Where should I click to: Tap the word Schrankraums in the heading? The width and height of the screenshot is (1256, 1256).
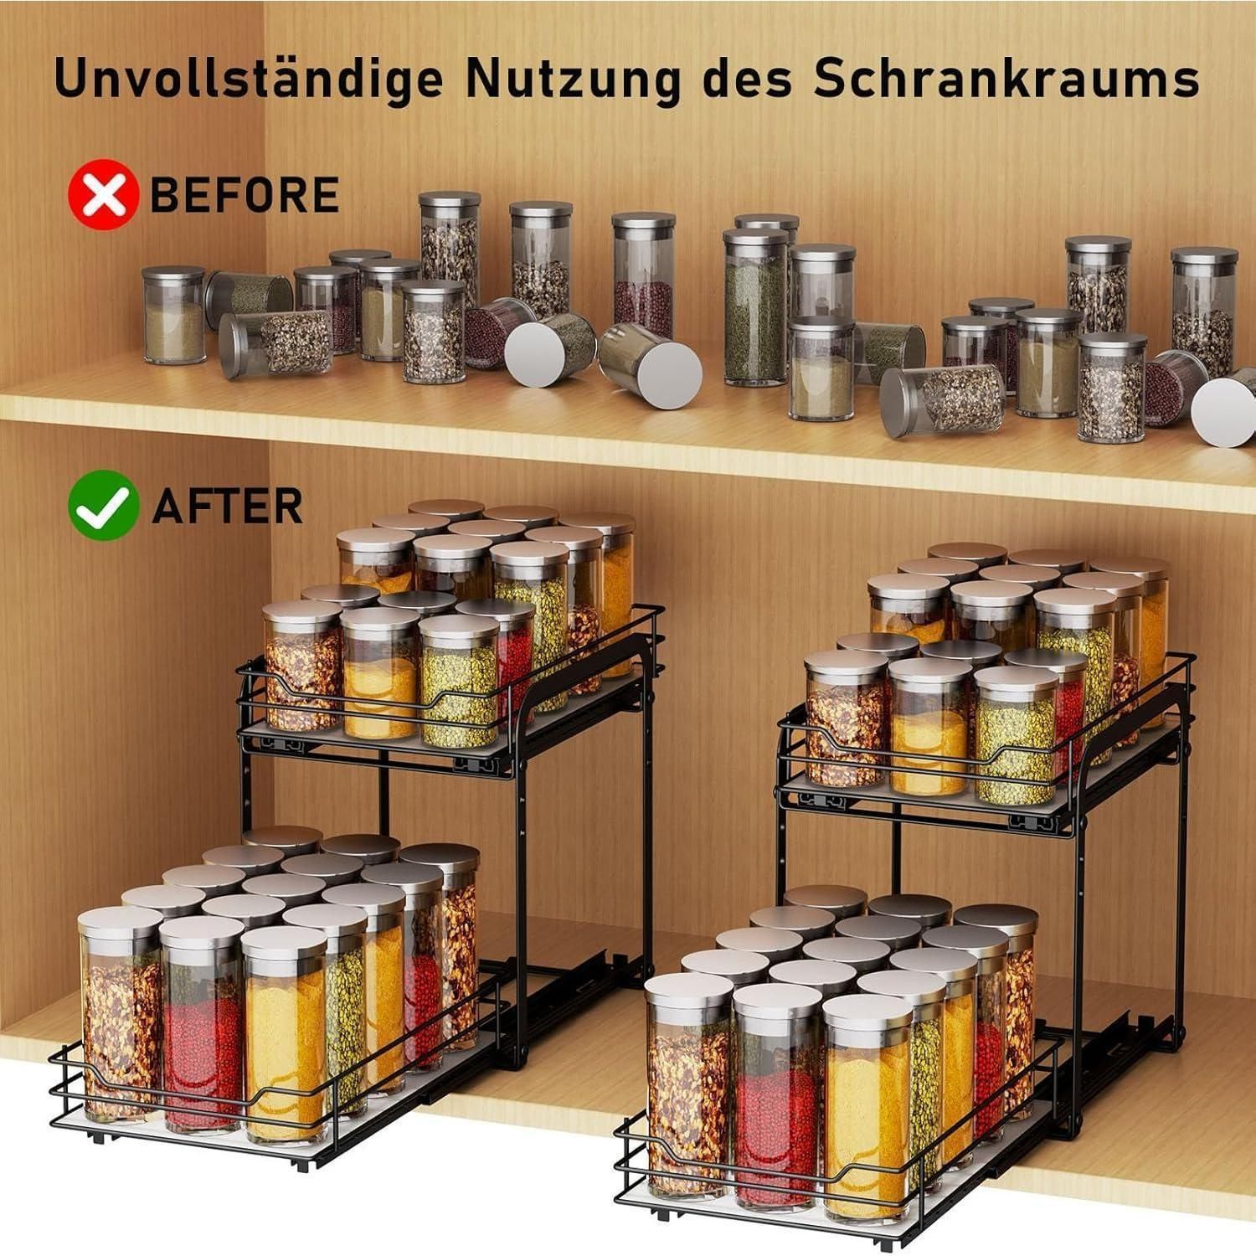click(x=1006, y=77)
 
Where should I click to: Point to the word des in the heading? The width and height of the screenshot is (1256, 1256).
click(x=745, y=78)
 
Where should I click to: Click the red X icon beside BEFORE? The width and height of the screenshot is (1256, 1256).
click(x=103, y=194)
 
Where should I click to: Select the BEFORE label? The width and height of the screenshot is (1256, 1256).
click(x=244, y=195)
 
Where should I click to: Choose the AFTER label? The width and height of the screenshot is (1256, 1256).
click(x=227, y=506)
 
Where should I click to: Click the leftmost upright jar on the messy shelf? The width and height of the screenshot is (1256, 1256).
click(x=173, y=315)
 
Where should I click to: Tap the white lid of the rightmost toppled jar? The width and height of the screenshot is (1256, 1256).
click(x=1223, y=411)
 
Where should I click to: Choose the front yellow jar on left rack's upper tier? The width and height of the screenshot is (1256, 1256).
click(x=381, y=672)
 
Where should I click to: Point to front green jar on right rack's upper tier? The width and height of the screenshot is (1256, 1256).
click(x=1017, y=735)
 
